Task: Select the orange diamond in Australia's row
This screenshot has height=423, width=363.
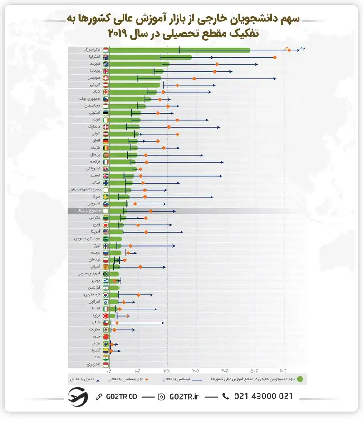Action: coord(275,57)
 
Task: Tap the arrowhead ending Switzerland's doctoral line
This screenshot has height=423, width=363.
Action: coord(275,79)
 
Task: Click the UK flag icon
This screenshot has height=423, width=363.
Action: coord(106,71)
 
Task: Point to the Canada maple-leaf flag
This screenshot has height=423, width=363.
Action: coord(106,92)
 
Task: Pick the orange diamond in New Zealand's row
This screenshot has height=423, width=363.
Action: coord(217,65)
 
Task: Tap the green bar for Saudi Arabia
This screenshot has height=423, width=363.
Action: coord(115,239)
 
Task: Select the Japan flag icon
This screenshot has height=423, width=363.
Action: coord(106,225)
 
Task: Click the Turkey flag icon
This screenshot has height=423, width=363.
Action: coord(106,316)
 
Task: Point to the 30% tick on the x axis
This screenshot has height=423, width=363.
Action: coord(196,371)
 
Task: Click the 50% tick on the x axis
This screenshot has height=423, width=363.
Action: coord(255,371)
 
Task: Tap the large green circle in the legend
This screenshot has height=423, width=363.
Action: coord(300,378)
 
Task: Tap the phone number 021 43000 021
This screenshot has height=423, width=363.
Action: coord(263,397)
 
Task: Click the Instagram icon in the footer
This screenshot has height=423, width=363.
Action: coord(161,397)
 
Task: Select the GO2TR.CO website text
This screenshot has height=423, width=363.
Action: coord(120,397)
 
